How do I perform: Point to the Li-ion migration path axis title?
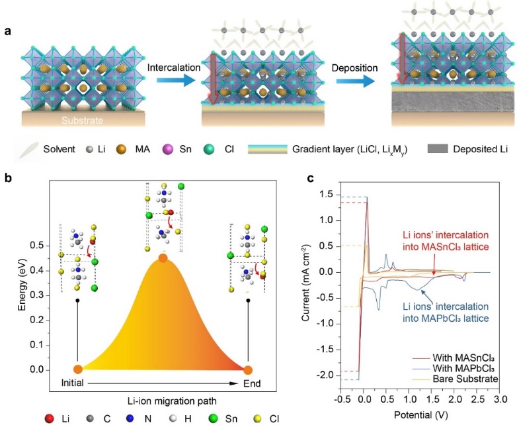163,403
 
